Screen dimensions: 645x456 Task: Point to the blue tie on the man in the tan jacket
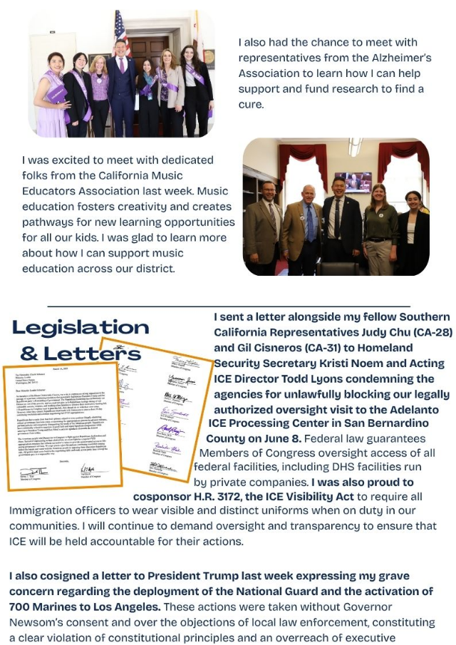pyautogui.click(x=310, y=228)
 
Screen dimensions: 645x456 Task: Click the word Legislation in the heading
pyautogui.click(x=81, y=327)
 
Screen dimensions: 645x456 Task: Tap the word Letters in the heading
pyautogui.click(x=81, y=353)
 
